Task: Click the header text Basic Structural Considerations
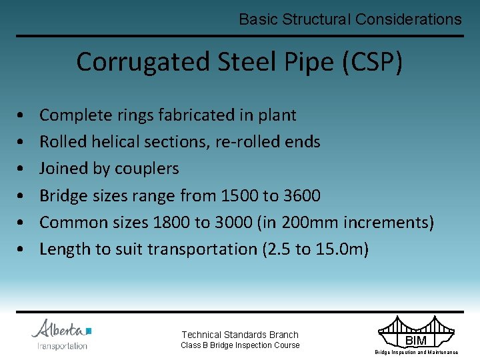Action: coord(350,19)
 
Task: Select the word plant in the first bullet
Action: coord(277,115)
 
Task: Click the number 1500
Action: coord(243,195)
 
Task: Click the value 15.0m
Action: coord(339,249)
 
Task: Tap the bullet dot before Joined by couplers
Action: coord(23,169)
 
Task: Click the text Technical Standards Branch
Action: coord(240,335)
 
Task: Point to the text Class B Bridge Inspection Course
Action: coord(240,345)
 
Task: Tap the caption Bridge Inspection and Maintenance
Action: coord(416,352)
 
